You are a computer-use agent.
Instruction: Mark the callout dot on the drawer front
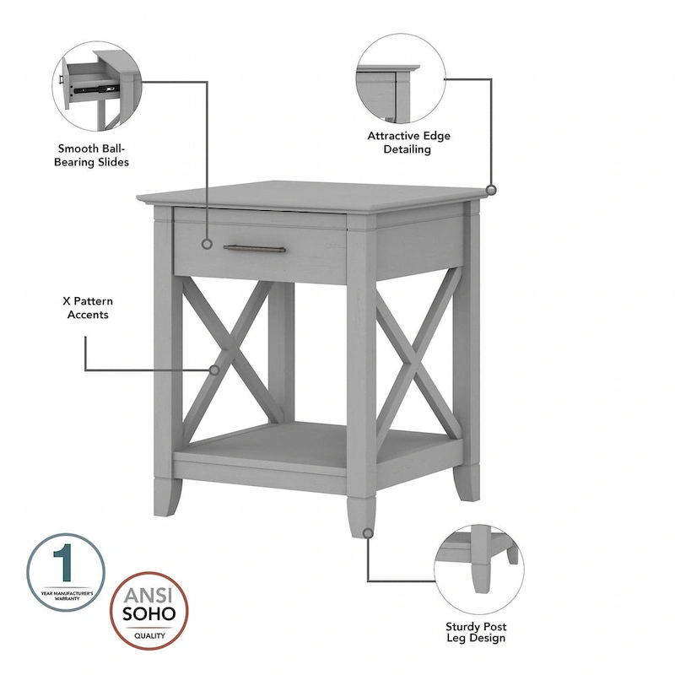(207, 244)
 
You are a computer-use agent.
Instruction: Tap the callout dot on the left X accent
(214, 369)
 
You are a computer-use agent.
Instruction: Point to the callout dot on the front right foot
(368, 532)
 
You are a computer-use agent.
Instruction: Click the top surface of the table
(312, 195)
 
